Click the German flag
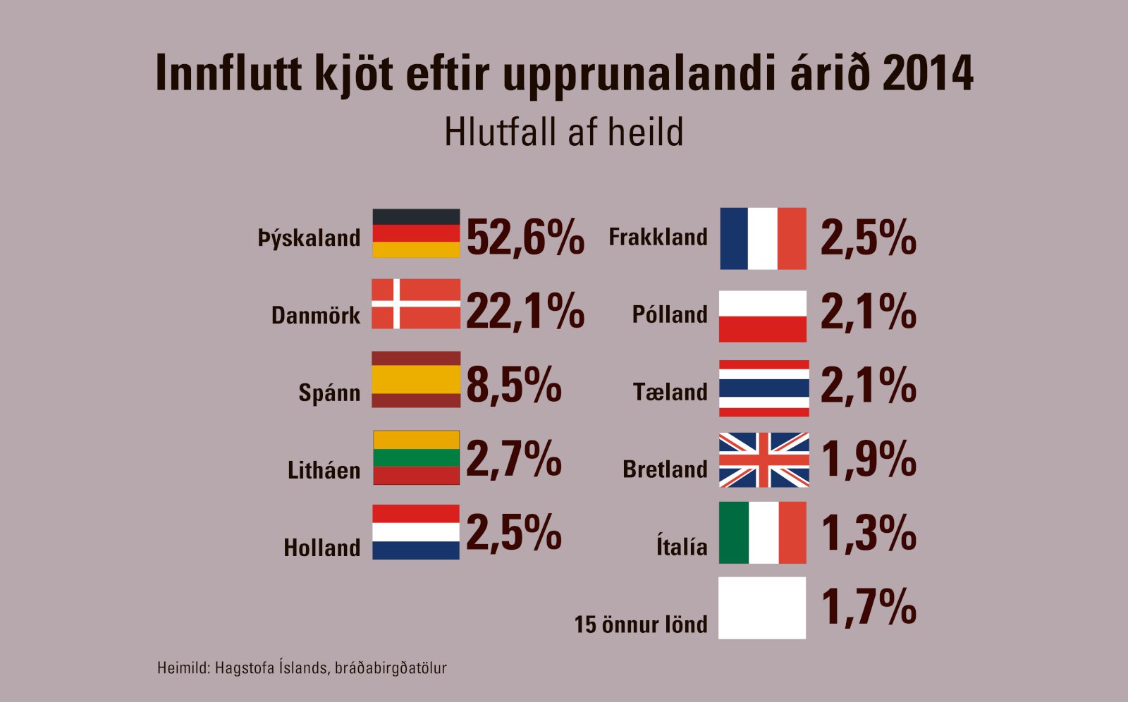[x=416, y=233]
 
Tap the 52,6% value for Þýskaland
[x=525, y=237]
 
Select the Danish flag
[x=416, y=304]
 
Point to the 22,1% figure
[x=525, y=311]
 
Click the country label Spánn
[x=329, y=393]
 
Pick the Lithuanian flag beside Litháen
[x=416, y=457]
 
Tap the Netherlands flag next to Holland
[x=416, y=532]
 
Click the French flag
[x=763, y=238]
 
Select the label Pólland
[x=670, y=314]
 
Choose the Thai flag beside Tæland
[x=764, y=388]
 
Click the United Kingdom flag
[x=764, y=460]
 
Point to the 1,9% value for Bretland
[x=869, y=460]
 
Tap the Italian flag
[x=763, y=533]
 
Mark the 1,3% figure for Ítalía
[x=869, y=533]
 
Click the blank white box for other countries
[x=762, y=608]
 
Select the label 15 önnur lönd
[x=640, y=624]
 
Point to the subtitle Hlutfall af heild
[x=564, y=132]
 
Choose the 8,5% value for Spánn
[x=514, y=385]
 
